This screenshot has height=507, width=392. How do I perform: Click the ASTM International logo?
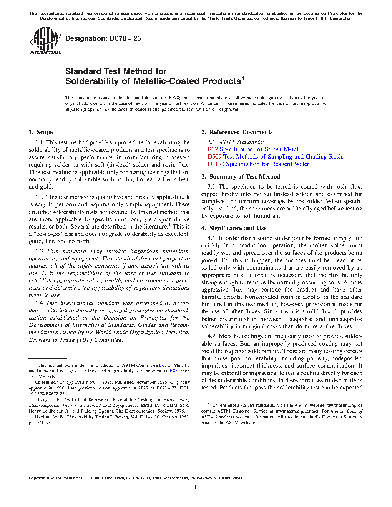coord(45,40)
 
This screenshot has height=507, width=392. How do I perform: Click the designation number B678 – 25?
coord(103,38)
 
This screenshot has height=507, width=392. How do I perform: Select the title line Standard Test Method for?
coord(116,71)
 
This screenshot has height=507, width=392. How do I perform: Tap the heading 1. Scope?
coord(41,132)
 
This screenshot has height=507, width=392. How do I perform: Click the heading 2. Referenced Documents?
coord(237,132)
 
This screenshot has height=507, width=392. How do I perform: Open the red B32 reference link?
coord(213,149)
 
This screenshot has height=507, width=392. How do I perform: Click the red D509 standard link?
coord(214,157)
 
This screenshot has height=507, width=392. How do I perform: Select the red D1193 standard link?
coord(216,164)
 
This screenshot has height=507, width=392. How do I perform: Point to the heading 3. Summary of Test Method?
coord(241,177)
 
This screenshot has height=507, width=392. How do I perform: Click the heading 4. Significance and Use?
coord(234,228)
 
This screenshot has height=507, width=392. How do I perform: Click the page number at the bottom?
coord(196,487)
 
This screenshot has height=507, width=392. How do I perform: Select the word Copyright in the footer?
coord(37,478)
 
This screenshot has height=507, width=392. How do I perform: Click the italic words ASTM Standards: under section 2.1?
coord(241,142)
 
